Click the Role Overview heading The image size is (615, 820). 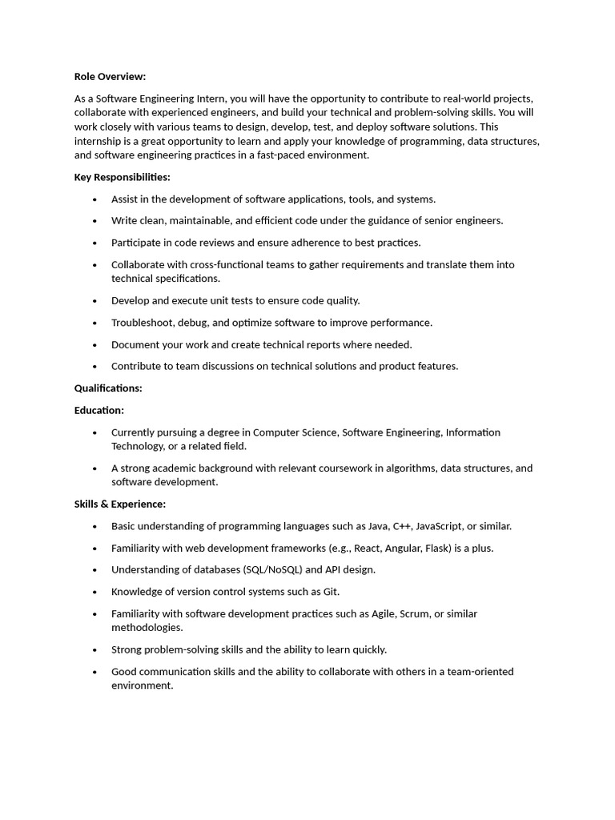[x=110, y=77]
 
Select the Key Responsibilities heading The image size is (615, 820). [x=122, y=177]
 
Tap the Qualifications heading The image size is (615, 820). [x=108, y=388]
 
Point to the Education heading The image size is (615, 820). [x=99, y=410]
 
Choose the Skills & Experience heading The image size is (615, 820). [x=120, y=504]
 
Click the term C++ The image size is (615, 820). [x=402, y=526]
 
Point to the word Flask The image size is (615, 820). [x=443, y=549]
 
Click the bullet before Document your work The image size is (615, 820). [x=94, y=345]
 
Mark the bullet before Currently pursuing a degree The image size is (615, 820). [x=94, y=432]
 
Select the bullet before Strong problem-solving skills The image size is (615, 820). [x=94, y=650]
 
